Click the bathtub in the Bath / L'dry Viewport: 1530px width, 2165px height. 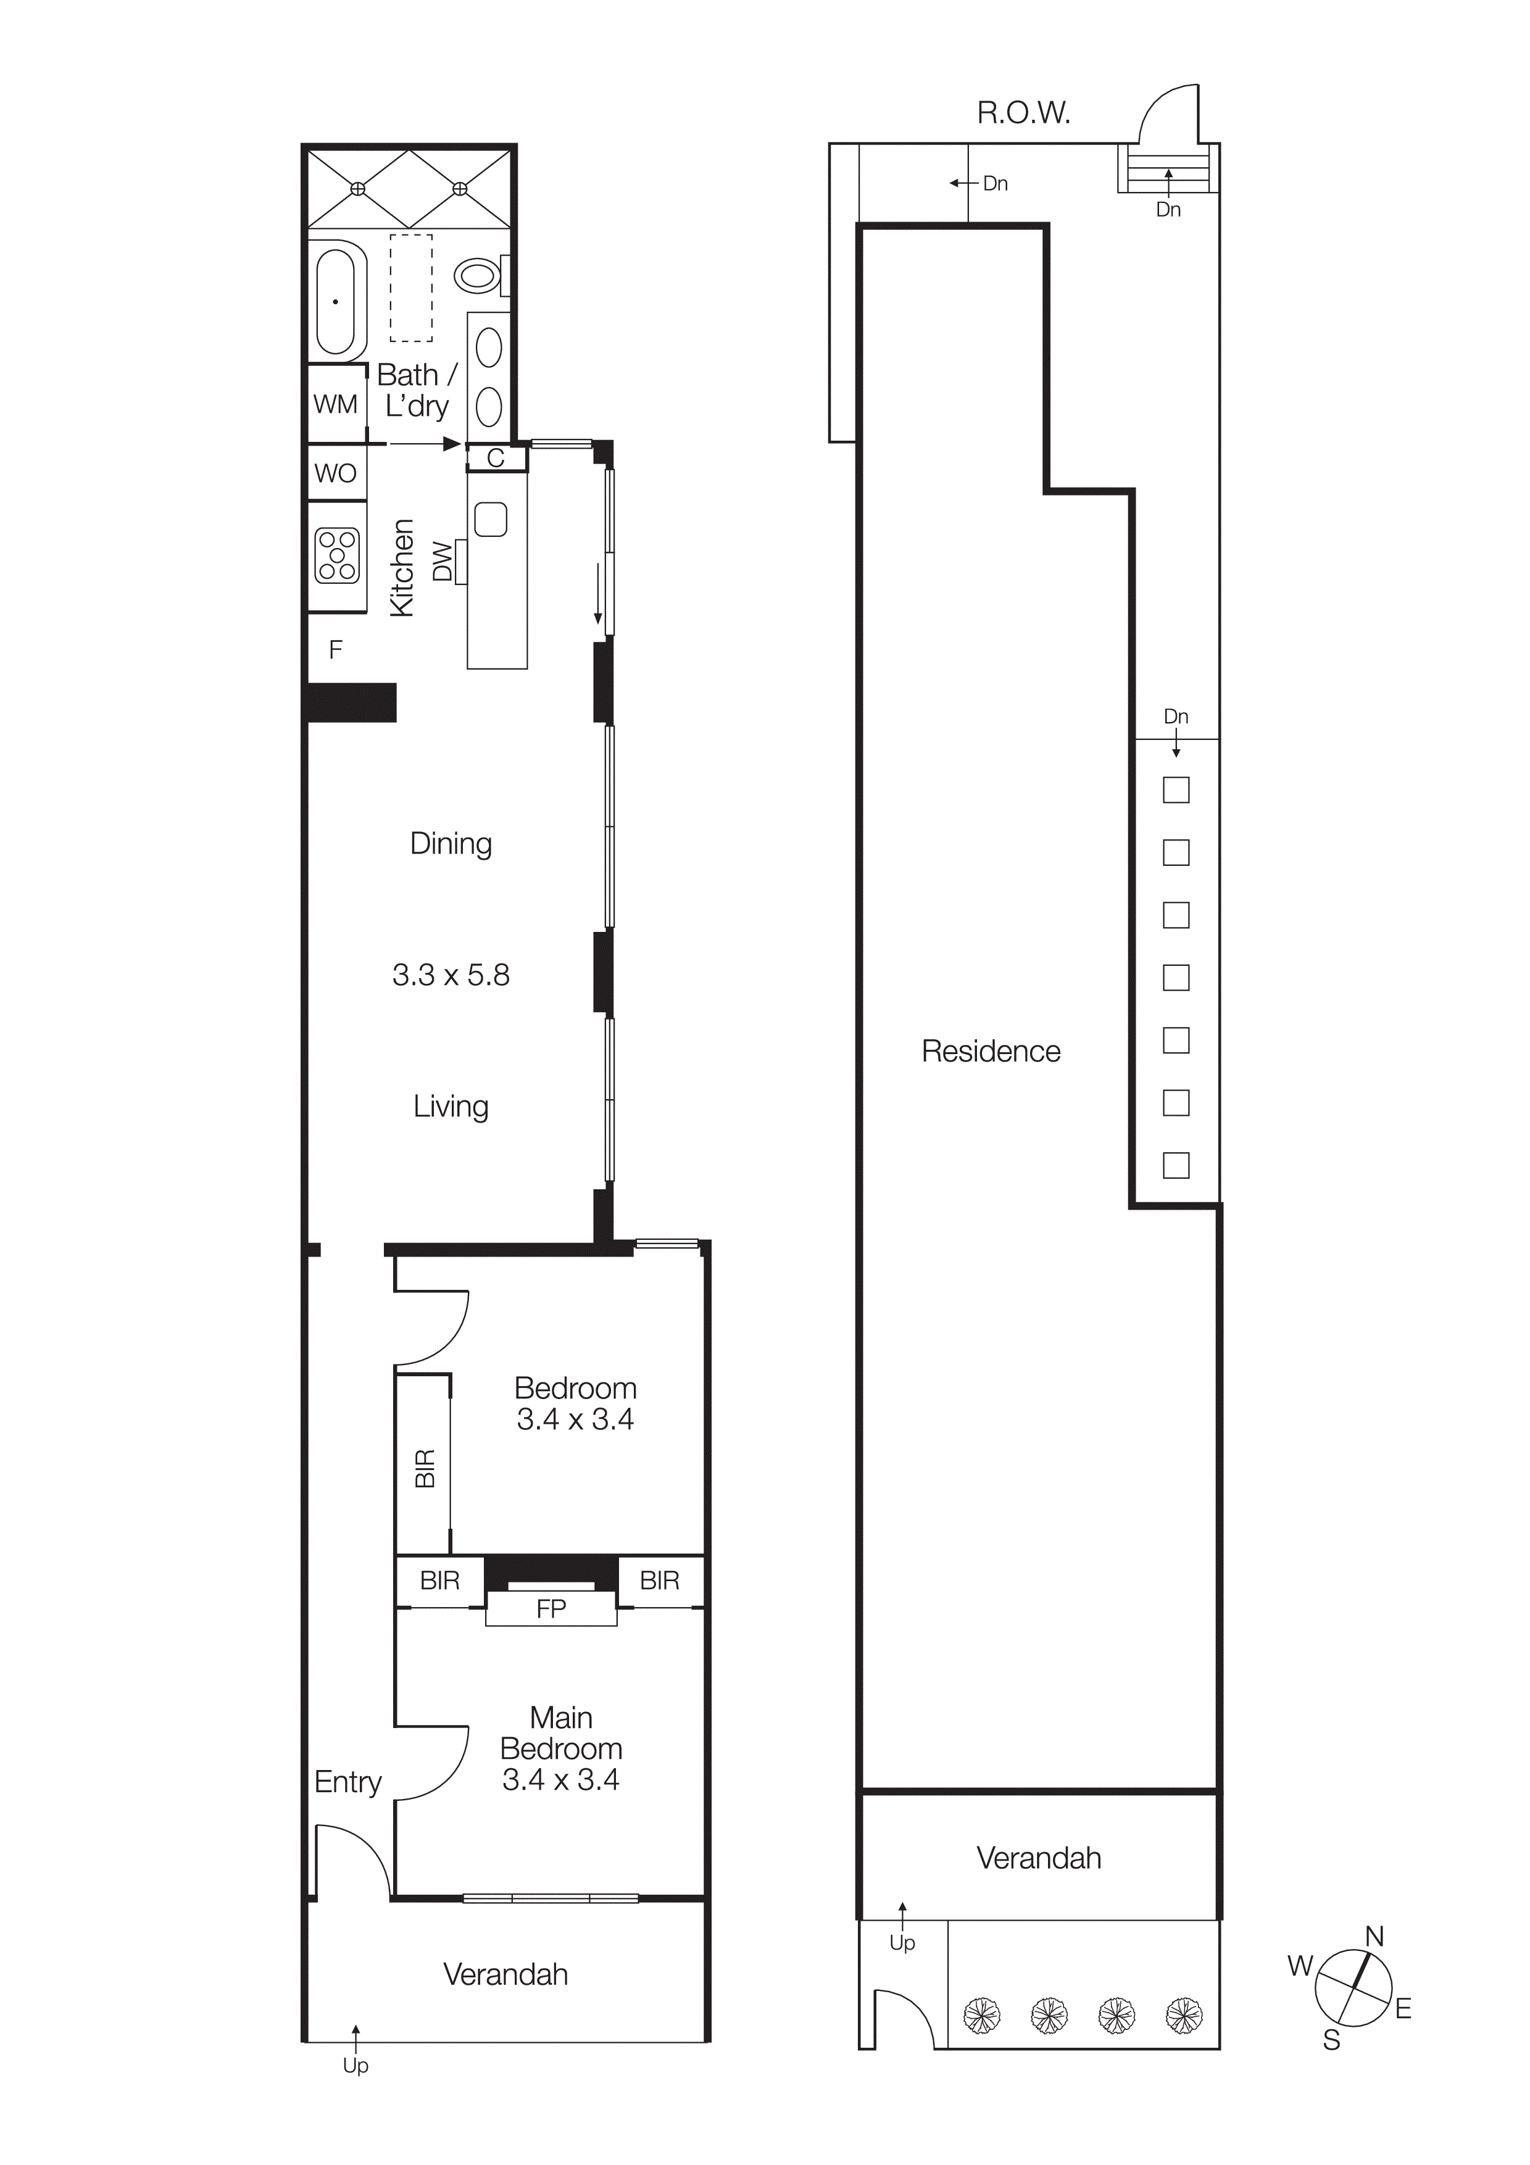[x=336, y=302]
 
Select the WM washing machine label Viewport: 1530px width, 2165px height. [x=336, y=404]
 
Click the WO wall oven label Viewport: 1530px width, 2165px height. [x=336, y=473]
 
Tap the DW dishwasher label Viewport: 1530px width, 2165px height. [x=442, y=562]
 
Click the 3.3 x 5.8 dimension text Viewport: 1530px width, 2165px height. [x=451, y=975]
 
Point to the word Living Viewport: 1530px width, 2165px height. [x=451, y=1106]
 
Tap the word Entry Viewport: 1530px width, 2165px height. [x=348, y=1782]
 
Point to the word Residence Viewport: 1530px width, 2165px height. [x=991, y=1052]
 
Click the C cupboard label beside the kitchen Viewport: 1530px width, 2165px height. [x=496, y=459]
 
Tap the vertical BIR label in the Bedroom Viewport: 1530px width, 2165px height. [x=425, y=1468]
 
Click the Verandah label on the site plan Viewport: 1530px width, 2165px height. [x=1038, y=1858]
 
